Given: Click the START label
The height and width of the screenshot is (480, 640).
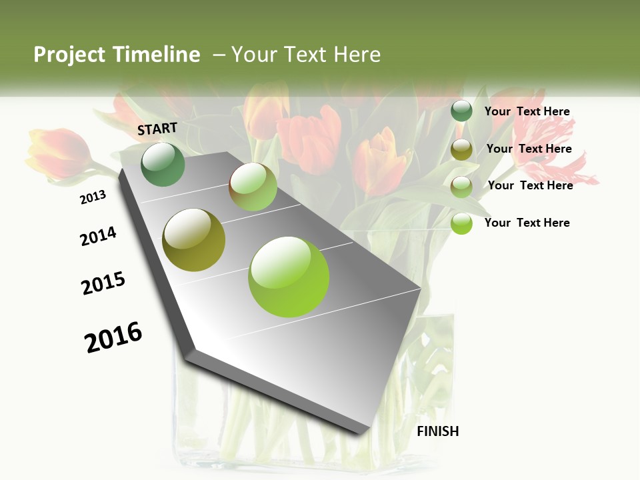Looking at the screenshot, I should [x=157, y=129].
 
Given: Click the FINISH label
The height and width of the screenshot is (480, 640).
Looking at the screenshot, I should [x=437, y=431].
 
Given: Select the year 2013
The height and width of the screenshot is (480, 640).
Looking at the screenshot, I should [x=93, y=197].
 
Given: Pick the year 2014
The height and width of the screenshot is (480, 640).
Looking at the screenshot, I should [x=98, y=236].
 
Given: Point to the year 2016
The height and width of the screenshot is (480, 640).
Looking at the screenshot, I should [x=113, y=337].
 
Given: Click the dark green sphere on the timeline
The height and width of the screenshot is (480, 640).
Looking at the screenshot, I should [x=163, y=164].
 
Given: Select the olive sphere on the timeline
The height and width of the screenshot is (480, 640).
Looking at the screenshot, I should [x=194, y=240].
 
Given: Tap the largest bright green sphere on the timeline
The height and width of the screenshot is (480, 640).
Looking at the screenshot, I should [x=289, y=276].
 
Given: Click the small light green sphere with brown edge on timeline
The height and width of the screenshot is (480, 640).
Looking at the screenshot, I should [x=253, y=187].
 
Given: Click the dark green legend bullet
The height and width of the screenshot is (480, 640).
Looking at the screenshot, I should [x=461, y=111].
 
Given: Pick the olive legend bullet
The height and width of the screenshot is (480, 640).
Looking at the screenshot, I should [x=461, y=149].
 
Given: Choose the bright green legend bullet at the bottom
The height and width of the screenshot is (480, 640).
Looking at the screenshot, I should [x=461, y=223].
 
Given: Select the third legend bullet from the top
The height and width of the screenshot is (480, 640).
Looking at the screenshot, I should [x=461, y=187].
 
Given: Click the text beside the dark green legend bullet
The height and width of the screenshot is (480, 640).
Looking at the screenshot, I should [x=527, y=111].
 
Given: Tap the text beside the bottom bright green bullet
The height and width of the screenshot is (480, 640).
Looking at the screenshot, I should [x=527, y=223].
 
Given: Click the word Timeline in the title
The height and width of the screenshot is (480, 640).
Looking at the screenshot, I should [x=157, y=55].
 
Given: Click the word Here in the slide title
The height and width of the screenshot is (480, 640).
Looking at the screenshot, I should [x=357, y=55].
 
